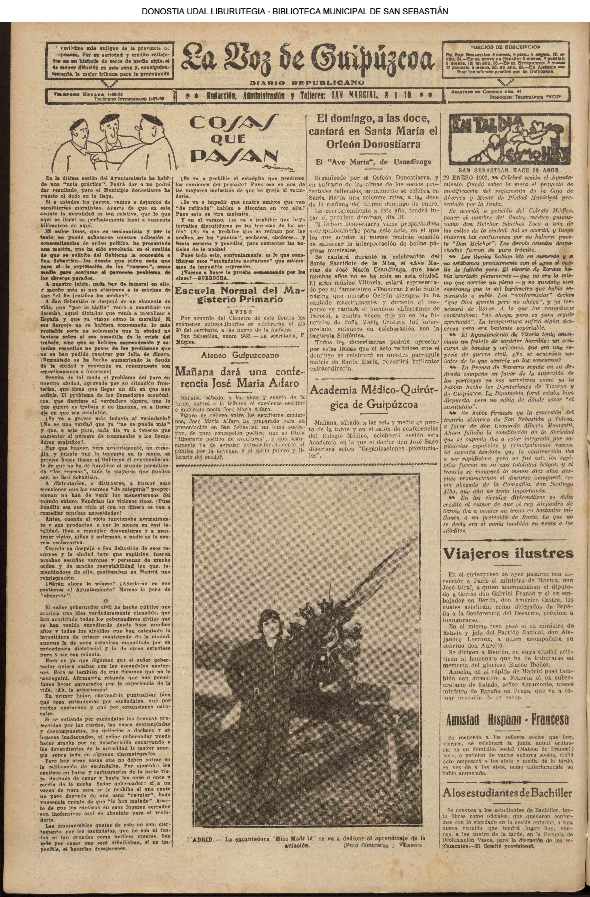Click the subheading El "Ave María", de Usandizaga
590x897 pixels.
374,162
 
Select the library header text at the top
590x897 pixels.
295,11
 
